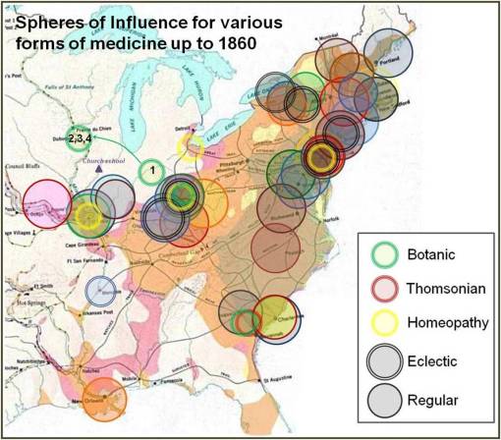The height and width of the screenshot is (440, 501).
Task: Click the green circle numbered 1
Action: tap(150, 172)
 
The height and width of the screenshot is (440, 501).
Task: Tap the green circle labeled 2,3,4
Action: tap(81, 137)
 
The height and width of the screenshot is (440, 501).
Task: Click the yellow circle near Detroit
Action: tap(192, 147)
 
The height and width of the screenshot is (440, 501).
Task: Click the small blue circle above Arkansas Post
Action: tap(100, 291)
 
